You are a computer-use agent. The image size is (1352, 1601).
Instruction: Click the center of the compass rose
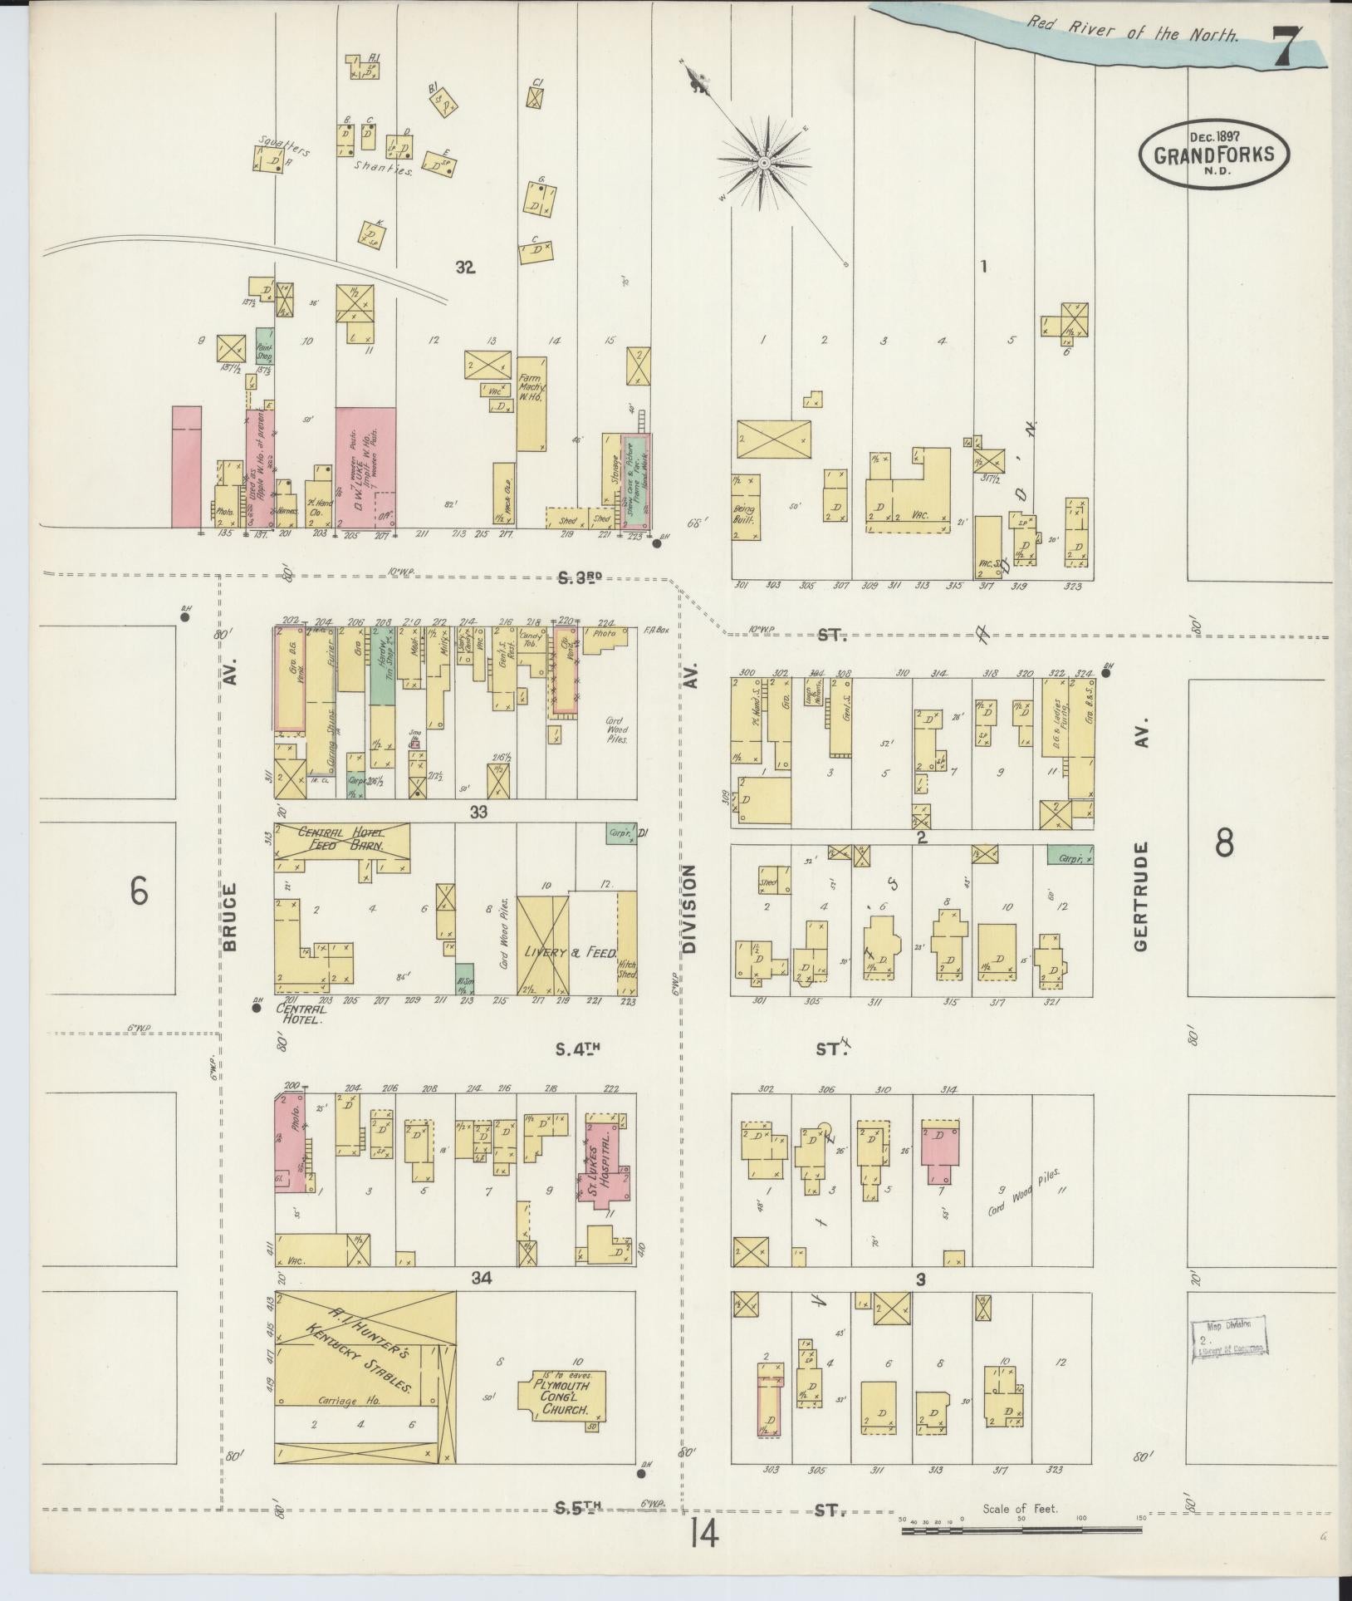point(763,163)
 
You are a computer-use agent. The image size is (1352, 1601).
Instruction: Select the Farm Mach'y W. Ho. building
point(531,403)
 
